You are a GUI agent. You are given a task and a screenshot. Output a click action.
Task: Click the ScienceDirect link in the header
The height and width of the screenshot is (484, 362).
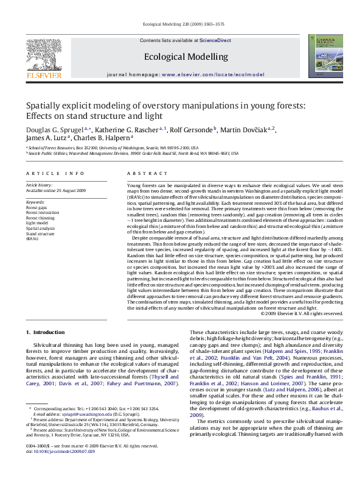coord(215,40)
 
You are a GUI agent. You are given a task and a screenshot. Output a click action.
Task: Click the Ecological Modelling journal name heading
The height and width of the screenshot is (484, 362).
coord(186,57)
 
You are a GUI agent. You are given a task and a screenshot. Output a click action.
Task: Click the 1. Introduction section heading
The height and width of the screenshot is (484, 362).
coord(46,332)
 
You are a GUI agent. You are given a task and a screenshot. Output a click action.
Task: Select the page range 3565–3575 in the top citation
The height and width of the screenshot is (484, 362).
coord(212,25)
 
